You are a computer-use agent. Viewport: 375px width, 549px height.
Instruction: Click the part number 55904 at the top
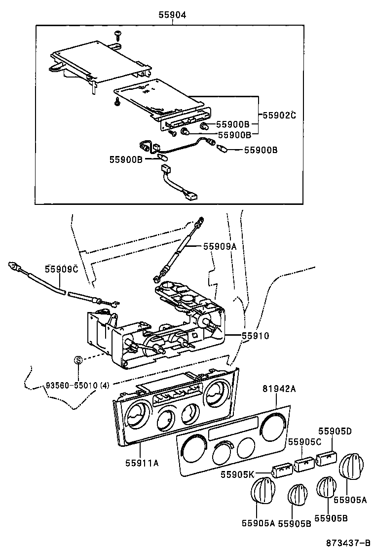point(172,15)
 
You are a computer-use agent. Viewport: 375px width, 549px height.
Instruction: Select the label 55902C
point(279,115)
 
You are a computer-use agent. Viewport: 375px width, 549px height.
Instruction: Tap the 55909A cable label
point(220,246)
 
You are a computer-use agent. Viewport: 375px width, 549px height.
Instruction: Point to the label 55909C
point(62,269)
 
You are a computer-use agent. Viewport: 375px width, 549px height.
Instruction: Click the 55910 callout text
point(255,336)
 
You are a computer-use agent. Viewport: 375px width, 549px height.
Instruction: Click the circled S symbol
point(77,360)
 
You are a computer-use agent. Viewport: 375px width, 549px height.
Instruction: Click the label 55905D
point(335,431)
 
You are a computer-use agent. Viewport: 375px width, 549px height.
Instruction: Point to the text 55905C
point(305,441)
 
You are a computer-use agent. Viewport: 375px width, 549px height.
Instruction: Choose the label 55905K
point(237,474)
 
